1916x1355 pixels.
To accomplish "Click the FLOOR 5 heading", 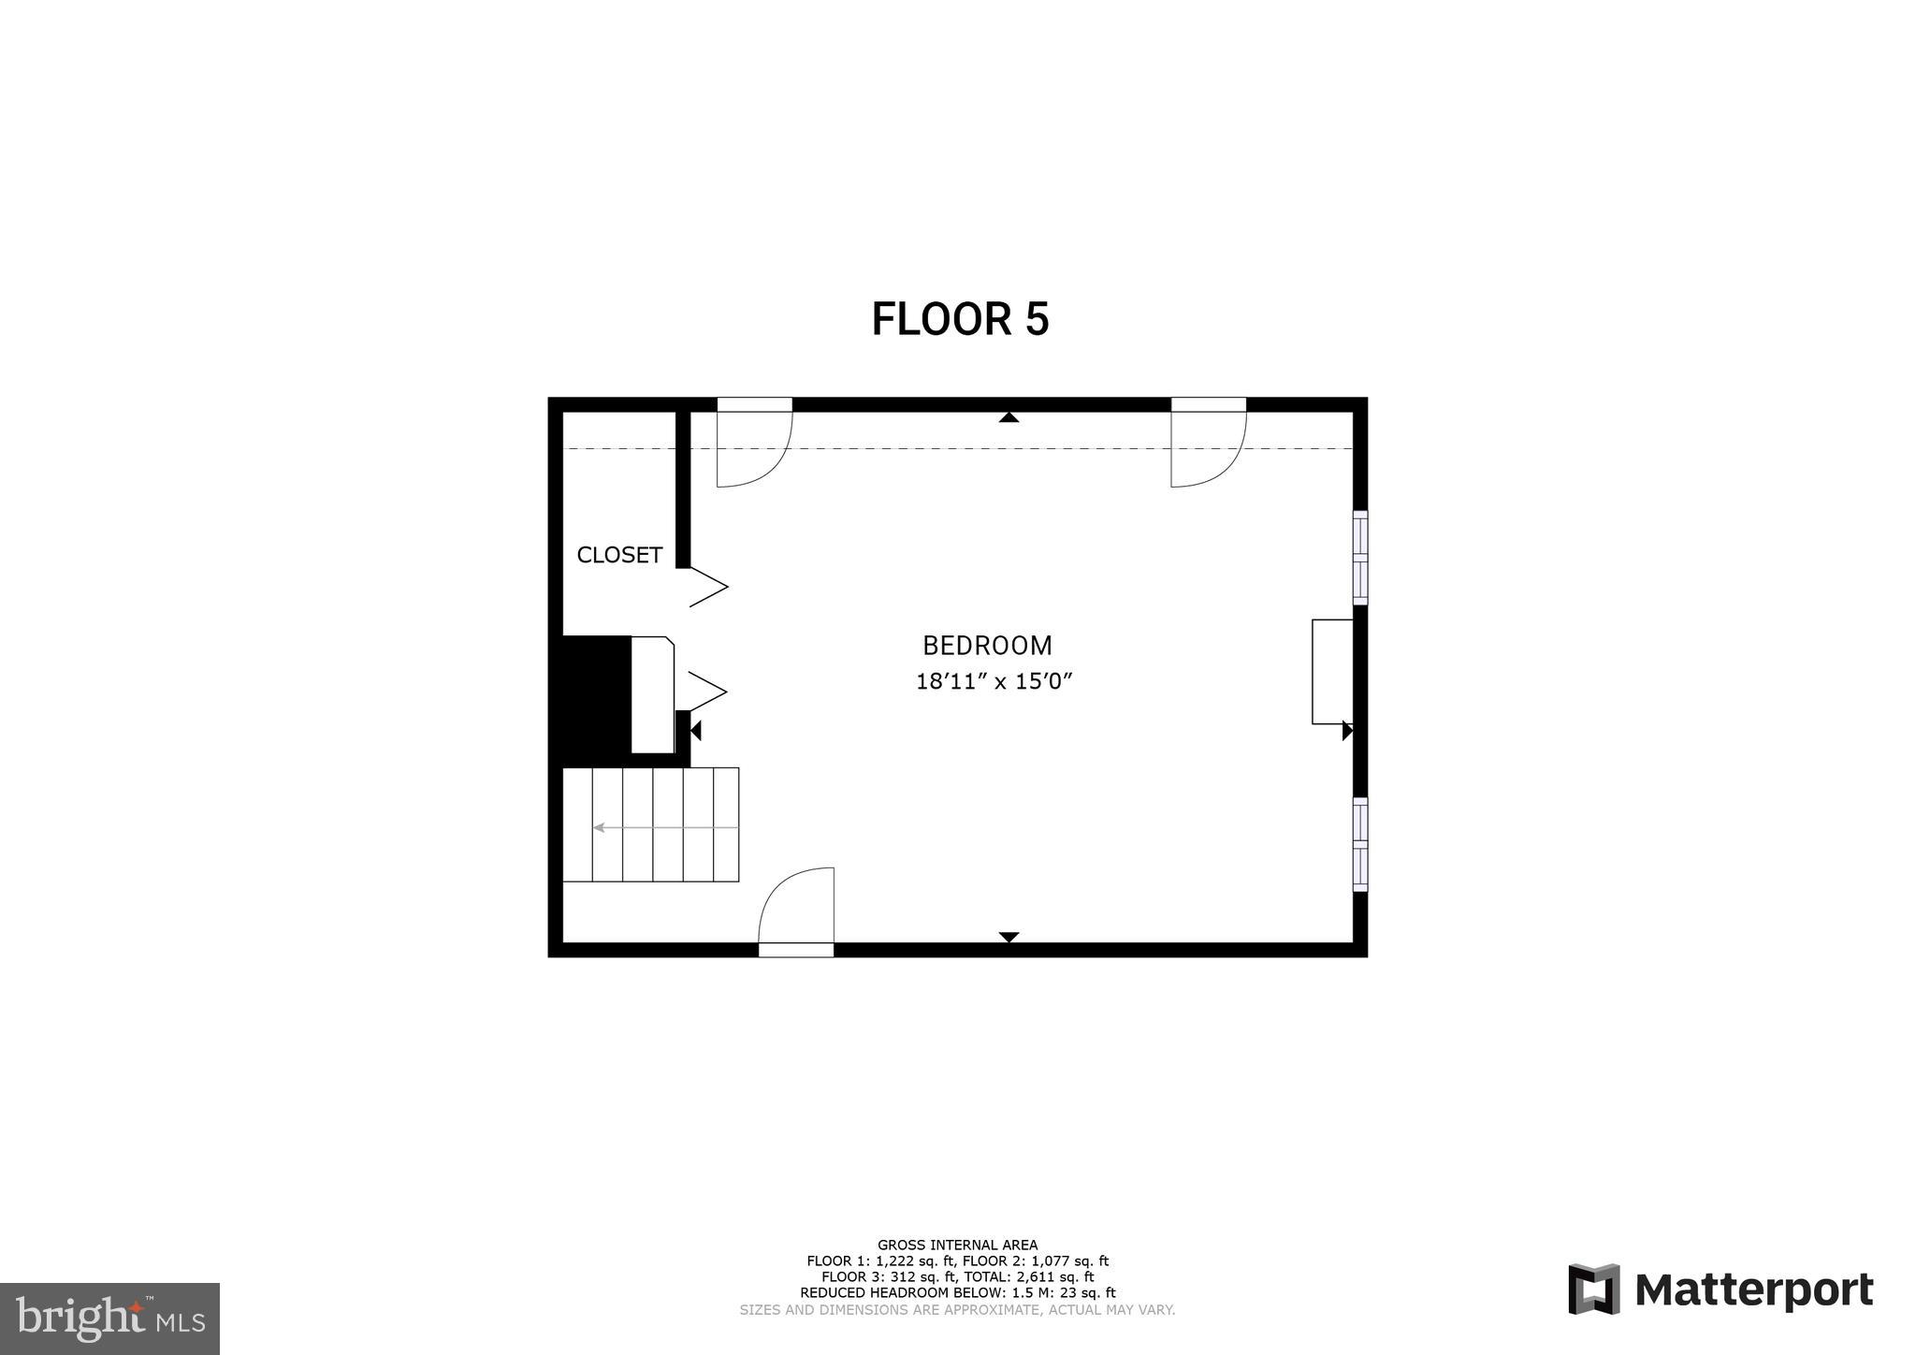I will (x=960, y=319).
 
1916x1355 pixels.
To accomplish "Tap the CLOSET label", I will (x=619, y=555).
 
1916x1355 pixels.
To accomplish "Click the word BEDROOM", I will (x=987, y=646).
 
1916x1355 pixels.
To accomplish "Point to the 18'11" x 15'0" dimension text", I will (x=993, y=681).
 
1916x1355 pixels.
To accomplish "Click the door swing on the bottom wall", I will (x=796, y=908).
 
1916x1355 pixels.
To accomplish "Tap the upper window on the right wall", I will (x=1360, y=558).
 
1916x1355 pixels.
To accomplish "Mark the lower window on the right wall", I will (x=1360, y=844).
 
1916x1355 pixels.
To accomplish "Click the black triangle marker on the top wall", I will (x=1008, y=417).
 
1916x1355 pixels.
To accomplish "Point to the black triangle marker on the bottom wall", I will (x=1009, y=937).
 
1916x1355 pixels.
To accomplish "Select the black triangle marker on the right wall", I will (x=1346, y=731).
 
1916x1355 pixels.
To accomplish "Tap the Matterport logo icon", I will (x=1593, y=1289).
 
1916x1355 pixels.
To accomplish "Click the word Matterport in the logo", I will (x=1754, y=1290).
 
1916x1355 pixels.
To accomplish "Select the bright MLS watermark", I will (x=109, y=1319).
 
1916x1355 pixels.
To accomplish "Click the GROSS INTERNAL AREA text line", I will (x=957, y=1245).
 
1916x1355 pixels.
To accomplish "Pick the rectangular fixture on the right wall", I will (x=1332, y=671).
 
